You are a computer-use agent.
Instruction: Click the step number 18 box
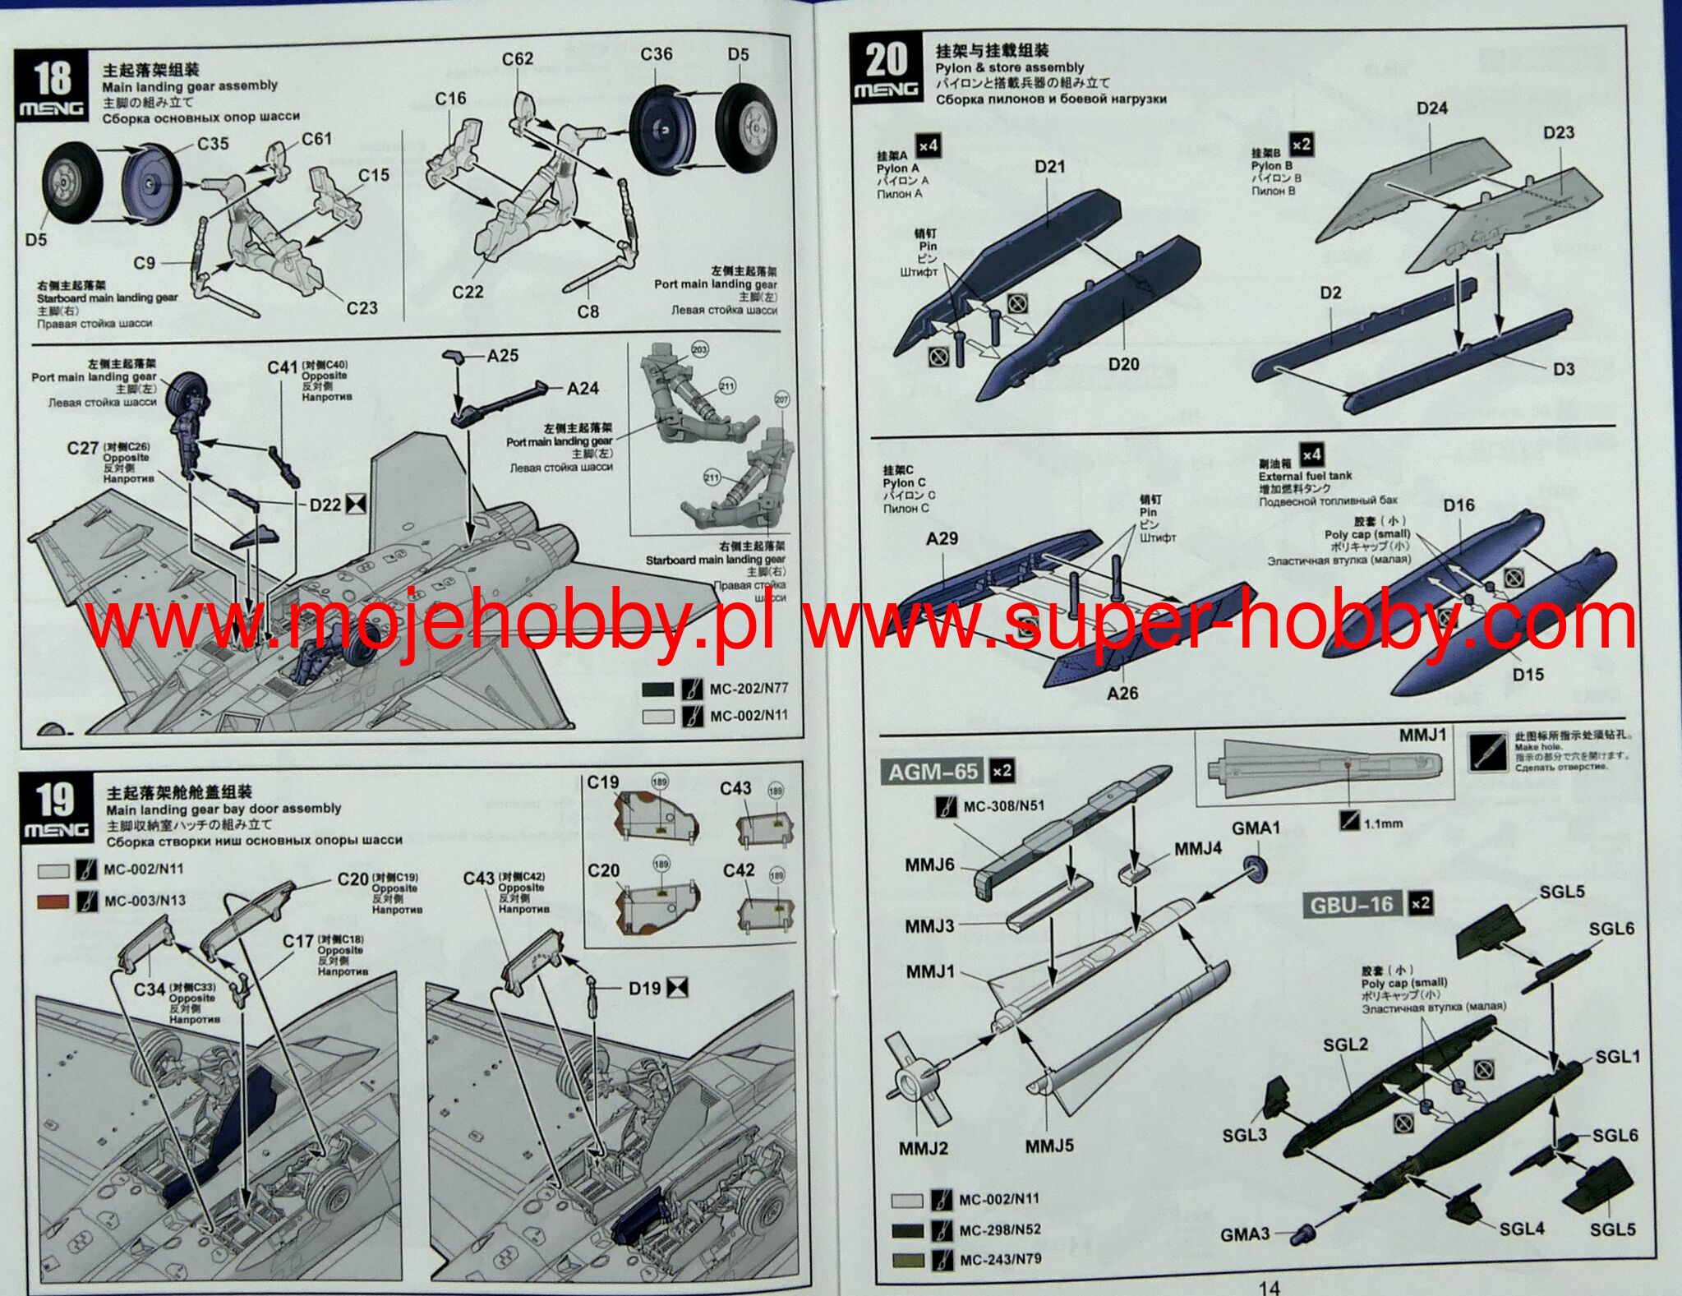click(52, 85)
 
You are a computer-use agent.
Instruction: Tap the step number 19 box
click(55, 809)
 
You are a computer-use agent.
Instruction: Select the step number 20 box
click(886, 69)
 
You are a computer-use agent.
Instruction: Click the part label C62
click(518, 58)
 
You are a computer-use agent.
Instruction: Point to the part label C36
click(656, 54)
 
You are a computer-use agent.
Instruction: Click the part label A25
click(503, 355)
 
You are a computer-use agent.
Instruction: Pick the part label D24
click(1432, 108)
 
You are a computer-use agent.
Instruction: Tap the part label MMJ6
click(929, 865)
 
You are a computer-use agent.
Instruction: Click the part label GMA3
click(1245, 1234)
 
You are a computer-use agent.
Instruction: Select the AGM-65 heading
click(933, 772)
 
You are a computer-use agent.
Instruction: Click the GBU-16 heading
click(1353, 905)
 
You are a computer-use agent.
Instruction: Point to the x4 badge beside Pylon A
click(928, 145)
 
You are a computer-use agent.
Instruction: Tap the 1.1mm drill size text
click(1383, 823)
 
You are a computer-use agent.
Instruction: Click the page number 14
click(1269, 1288)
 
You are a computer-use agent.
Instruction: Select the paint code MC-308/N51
click(1003, 806)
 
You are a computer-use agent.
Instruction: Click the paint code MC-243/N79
click(1000, 1259)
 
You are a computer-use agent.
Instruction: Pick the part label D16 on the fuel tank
click(1459, 505)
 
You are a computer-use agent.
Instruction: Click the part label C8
click(588, 311)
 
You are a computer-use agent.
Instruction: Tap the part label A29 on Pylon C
click(942, 538)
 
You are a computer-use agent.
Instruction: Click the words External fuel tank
click(1305, 476)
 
